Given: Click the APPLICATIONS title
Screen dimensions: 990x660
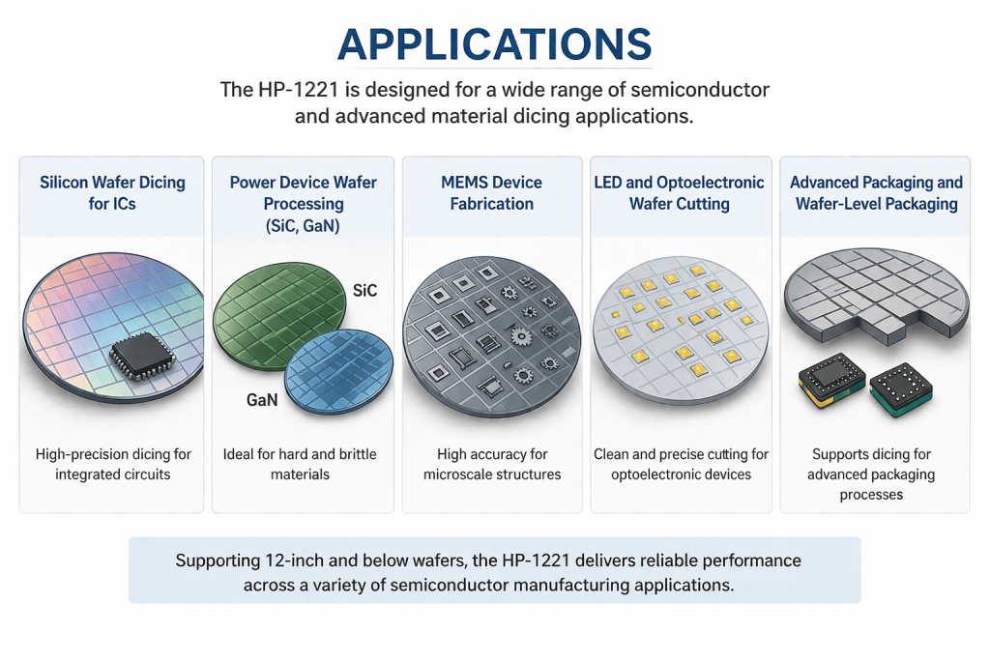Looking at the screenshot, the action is [x=494, y=44].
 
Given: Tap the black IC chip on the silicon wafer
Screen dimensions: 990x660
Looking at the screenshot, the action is [x=143, y=357].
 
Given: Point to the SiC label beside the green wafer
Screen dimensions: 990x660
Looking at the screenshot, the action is [x=364, y=291].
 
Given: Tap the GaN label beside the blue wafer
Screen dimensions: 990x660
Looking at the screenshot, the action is [x=262, y=400].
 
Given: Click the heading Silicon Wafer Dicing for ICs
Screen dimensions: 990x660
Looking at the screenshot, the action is [x=112, y=193].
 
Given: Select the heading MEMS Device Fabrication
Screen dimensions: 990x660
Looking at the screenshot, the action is [x=492, y=193].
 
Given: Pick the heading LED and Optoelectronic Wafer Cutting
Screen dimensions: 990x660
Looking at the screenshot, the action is [x=680, y=193].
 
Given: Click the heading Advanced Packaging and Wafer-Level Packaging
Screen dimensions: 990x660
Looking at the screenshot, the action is [x=876, y=193].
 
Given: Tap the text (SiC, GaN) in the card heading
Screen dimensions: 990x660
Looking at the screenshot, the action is [x=303, y=226].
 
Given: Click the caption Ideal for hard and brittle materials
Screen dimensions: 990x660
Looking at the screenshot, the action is [x=300, y=465].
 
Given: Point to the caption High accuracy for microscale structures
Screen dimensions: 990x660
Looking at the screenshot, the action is [x=492, y=465].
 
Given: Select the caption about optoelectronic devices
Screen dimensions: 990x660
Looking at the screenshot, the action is [x=681, y=465].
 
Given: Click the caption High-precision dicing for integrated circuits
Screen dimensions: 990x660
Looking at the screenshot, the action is [x=113, y=465].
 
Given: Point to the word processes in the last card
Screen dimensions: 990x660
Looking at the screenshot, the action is [x=871, y=496].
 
